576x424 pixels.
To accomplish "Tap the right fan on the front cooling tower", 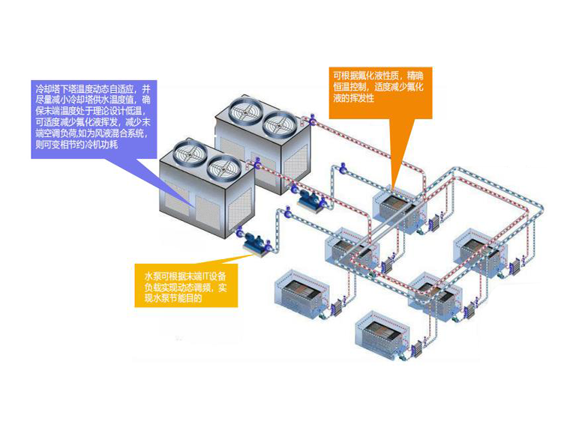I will click(219, 166).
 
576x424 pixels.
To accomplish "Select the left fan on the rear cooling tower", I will click(243, 112).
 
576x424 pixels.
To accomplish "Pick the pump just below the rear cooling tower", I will click(307, 196).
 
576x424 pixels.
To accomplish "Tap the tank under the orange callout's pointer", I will click(396, 205).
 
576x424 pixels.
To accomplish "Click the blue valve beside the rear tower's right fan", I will click(310, 120).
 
